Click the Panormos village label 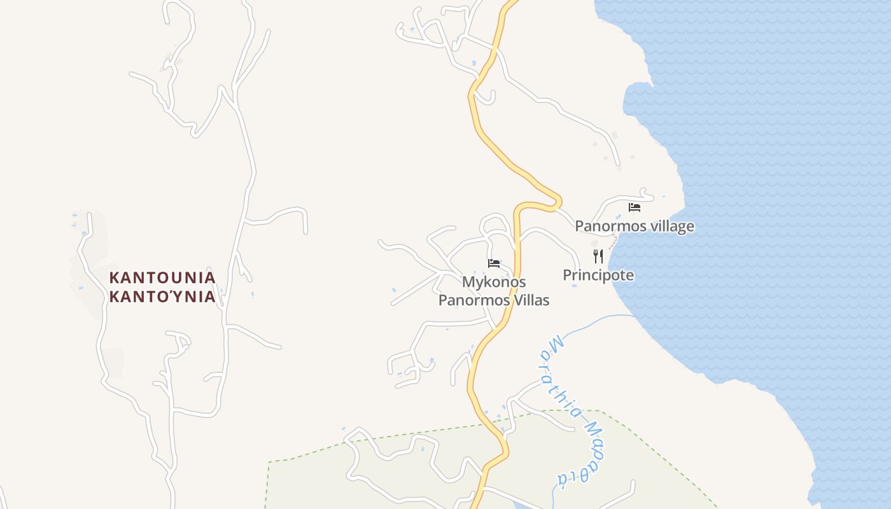635,226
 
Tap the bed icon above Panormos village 634,207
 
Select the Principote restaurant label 598,275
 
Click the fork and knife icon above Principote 598,256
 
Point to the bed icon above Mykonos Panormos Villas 494,263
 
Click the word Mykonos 494,282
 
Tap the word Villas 532,300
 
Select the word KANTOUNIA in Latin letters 162,278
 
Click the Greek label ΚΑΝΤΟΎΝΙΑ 162,297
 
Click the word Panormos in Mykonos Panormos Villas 474,300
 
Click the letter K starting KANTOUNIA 115,278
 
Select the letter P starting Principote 567,275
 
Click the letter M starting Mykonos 468,282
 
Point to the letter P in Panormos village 580,226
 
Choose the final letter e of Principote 629,275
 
